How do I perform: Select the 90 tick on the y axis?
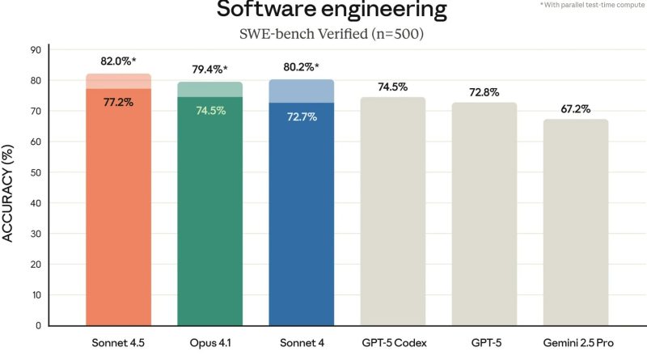pyautogui.click(x=36, y=49)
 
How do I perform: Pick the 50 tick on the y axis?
pyautogui.click(x=36, y=172)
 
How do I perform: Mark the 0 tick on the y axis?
pyautogui.click(x=38, y=325)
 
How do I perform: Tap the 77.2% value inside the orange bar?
pyautogui.click(x=118, y=102)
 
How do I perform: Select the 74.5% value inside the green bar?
pyautogui.click(x=210, y=110)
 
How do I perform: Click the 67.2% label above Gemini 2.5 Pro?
pyautogui.click(x=575, y=108)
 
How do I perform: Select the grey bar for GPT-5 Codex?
pyautogui.click(x=393, y=210)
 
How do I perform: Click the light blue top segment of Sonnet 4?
pyautogui.click(x=302, y=91)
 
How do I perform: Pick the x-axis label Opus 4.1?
pyautogui.click(x=210, y=344)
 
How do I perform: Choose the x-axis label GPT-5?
pyautogui.click(x=484, y=344)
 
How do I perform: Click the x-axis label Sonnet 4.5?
pyautogui.click(x=118, y=344)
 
